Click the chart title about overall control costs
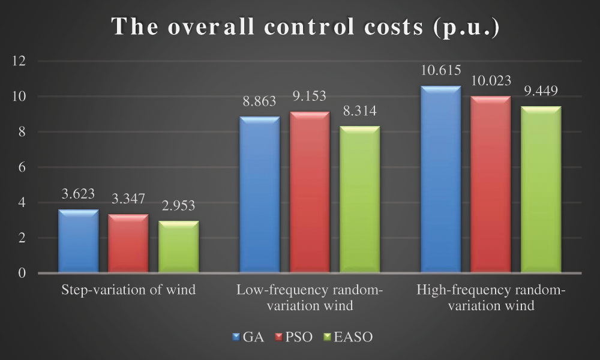click(x=299, y=28)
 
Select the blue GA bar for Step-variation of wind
click(x=78, y=241)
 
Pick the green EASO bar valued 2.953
click(x=178, y=247)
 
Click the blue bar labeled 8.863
click(x=259, y=195)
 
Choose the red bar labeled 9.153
click(x=310, y=192)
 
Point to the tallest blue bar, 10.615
click(x=440, y=179)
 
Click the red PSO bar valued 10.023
click(x=490, y=185)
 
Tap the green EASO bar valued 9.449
click(x=541, y=190)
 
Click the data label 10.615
click(x=441, y=71)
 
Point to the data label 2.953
click(x=178, y=206)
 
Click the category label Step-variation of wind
click(x=128, y=290)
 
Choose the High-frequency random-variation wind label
click(x=490, y=298)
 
